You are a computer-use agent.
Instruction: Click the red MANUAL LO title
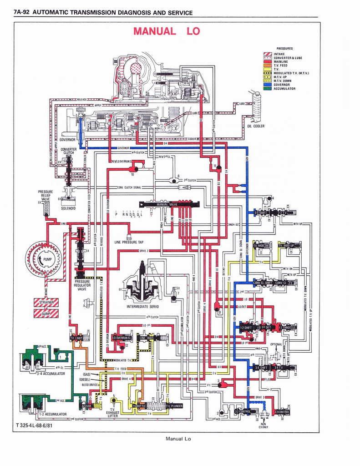click(x=166, y=31)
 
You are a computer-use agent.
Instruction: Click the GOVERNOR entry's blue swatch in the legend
click(x=268, y=85)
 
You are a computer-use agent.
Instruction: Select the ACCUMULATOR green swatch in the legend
click(x=268, y=88)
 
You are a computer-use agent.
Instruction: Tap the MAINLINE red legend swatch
click(x=268, y=61)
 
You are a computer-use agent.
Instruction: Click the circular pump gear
click(x=43, y=259)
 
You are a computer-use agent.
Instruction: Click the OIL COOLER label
click(x=256, y=126)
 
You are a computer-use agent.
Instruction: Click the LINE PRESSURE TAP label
click(x=129, y=242)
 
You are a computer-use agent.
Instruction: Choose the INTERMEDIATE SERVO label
click(x=142, y=306)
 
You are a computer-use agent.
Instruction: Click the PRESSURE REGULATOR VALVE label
click(x=82, y=285)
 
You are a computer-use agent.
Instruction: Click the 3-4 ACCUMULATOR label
click(x=51, y=374)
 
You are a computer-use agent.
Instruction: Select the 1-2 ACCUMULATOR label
click(x=52, y=414)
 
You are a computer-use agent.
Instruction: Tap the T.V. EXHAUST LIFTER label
click(x=113, y=412)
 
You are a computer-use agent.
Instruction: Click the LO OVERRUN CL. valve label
click(x=122, y=338)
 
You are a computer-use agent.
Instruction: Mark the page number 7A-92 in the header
click(x=22, y=13)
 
